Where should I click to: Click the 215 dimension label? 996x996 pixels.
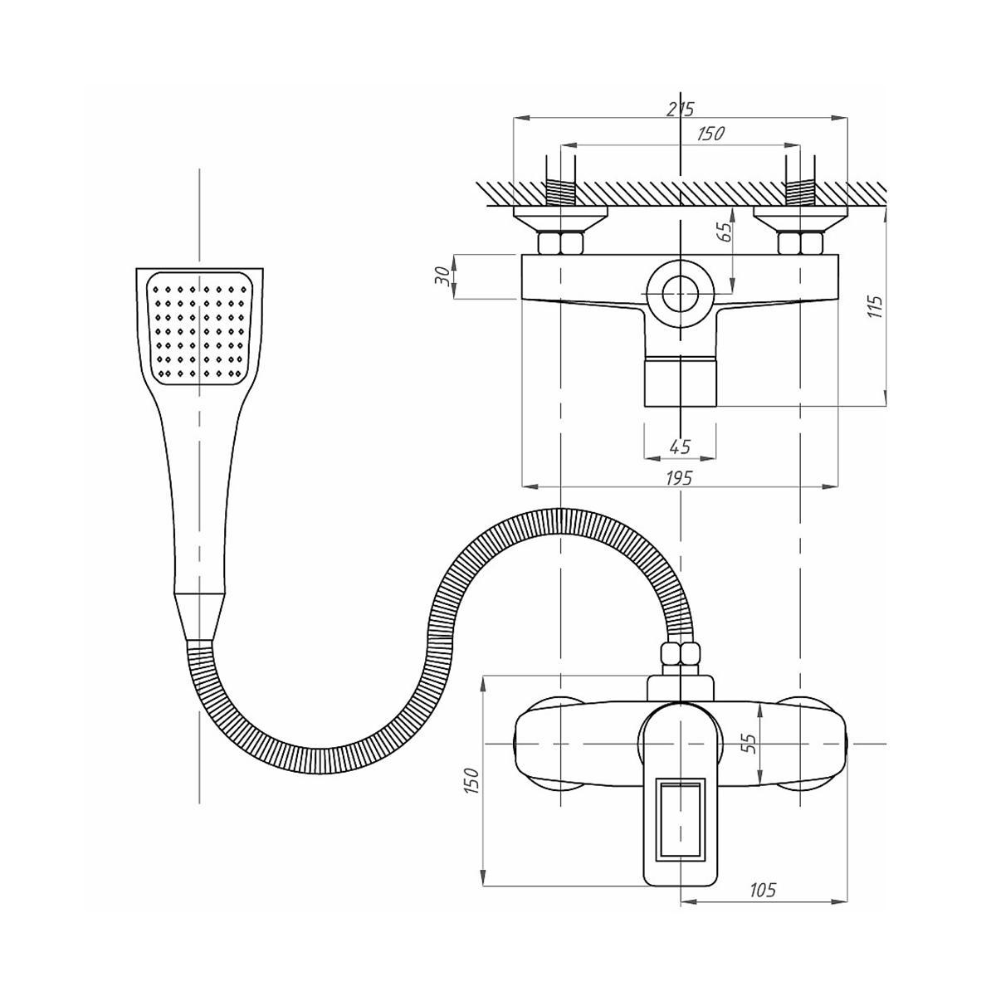click(681, 109)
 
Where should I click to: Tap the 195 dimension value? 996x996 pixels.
click(679, 478)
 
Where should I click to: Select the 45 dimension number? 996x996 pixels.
click(681, 447)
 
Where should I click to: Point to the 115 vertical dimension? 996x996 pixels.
click(875, 306)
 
